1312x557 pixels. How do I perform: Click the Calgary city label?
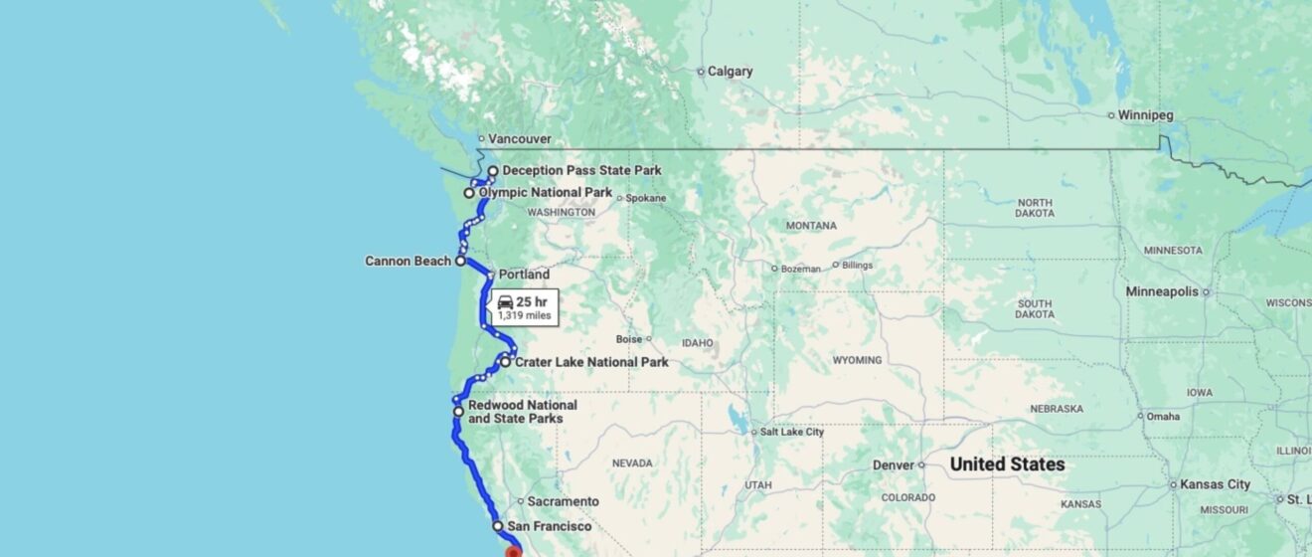[731, 72]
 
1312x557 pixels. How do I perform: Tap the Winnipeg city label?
[1145, 115]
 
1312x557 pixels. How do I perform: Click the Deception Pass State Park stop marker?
[493, 171]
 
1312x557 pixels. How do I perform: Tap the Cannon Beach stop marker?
[460, 261]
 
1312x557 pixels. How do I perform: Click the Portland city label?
[524, 275]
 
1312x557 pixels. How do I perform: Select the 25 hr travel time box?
[524, 306]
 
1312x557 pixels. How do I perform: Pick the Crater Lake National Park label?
[591, 362]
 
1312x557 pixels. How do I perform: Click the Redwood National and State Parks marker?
[458, 411]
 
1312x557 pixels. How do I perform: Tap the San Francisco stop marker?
[498, 526]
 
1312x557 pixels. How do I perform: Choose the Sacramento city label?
[563, 501]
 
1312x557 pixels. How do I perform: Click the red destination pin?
[513, 551]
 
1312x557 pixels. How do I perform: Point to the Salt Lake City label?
[791, 433]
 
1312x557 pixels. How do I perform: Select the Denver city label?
[893, 464]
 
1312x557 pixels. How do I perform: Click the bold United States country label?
[1007, 464]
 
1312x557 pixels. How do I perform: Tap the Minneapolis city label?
[1161, 291]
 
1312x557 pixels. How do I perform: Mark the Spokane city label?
[645, 198]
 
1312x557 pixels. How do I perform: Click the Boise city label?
[628, 338]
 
